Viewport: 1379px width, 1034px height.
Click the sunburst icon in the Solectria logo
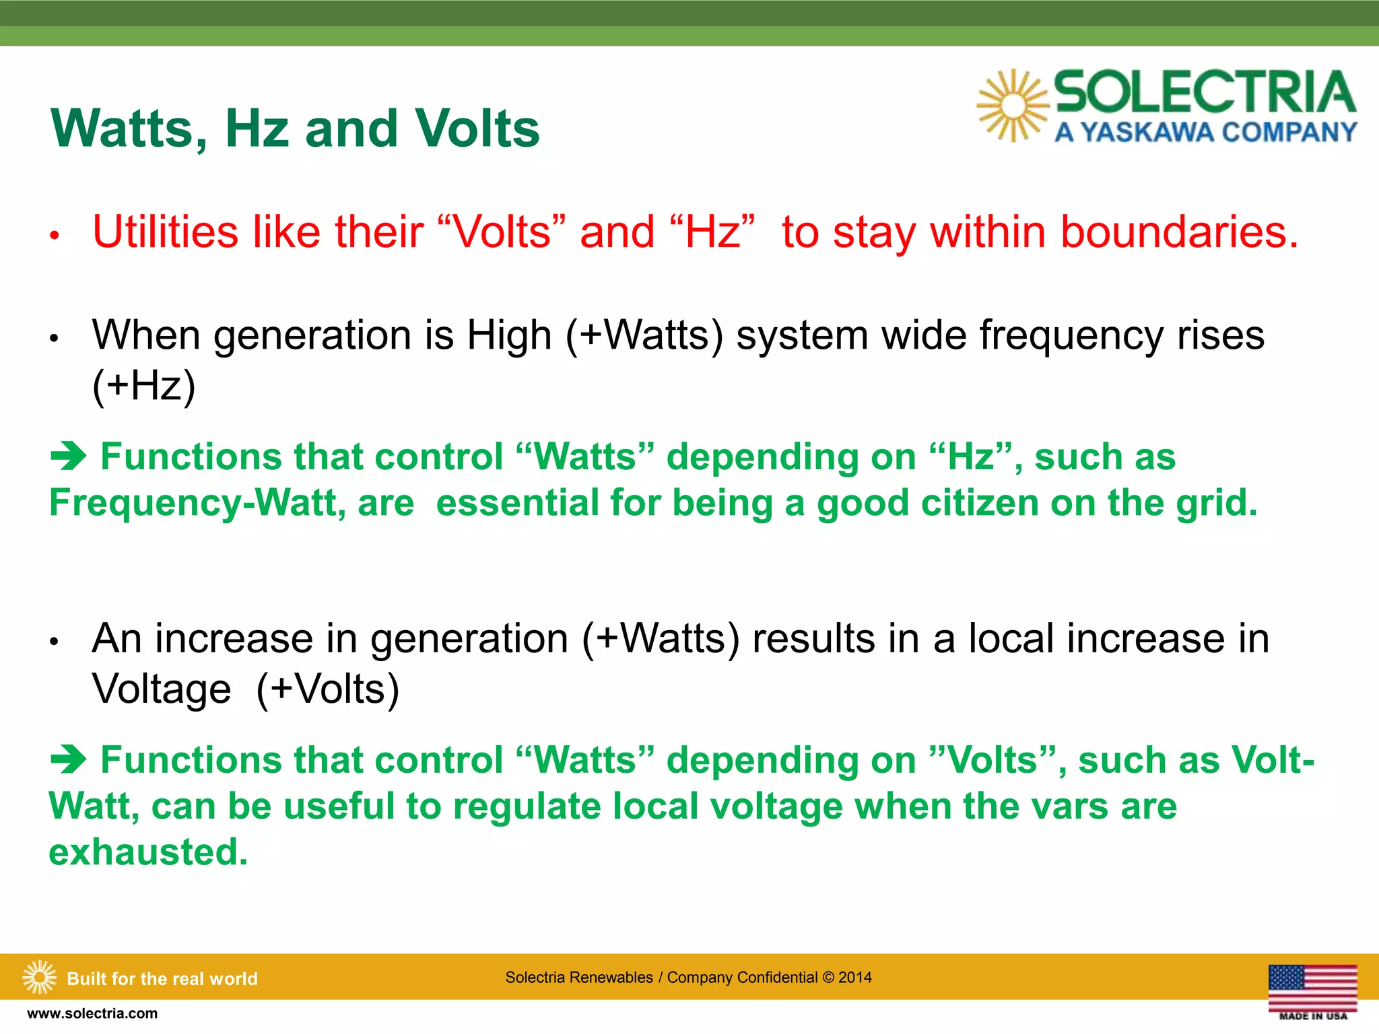point(1013,106)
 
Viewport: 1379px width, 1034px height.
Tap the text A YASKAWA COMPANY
point(1205,132)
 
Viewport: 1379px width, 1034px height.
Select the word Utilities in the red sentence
point(166,232)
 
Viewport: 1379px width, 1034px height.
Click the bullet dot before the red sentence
point(55,236)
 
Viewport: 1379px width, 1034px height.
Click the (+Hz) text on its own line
point(143,385)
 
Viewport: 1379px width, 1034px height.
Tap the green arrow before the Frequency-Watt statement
point(69,457)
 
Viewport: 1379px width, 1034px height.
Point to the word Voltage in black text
point(162,689)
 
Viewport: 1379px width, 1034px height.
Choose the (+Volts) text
point(328,689)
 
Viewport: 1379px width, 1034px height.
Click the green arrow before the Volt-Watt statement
point(69,761)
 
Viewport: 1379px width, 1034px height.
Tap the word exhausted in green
point(148,852)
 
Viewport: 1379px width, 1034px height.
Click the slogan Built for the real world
point(162,978)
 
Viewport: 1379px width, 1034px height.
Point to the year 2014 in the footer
point(855,977)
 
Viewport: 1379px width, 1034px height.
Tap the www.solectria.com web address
point(92,1014)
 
